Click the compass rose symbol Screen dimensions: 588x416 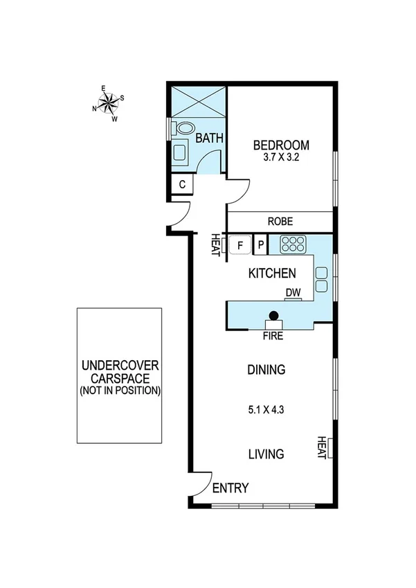[x=109, y=103]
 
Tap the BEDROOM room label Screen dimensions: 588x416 [x=280, y=145]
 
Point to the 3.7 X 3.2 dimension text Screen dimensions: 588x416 [x=280, y=157]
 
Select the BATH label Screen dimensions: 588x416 [x=209, y=139]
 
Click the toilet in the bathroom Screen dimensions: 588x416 [x=184, y=129]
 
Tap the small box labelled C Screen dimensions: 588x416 [x=181, y=184]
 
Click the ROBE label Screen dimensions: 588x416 [x=280, y=222]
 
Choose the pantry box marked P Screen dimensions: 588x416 [x=260, y=244]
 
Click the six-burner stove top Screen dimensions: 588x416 [x=292, y=244]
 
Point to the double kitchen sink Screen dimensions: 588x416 [x=323, y=278]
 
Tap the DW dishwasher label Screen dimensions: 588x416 [x=293, y=293]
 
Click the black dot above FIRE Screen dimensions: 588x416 [x=274, y=316]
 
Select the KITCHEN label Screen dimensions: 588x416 [x=272, y=274]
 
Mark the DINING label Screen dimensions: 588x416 [x=266, y=370]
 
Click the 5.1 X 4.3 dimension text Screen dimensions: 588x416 [x=266, y=409]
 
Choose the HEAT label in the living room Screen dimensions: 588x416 [x=321, y=447]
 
